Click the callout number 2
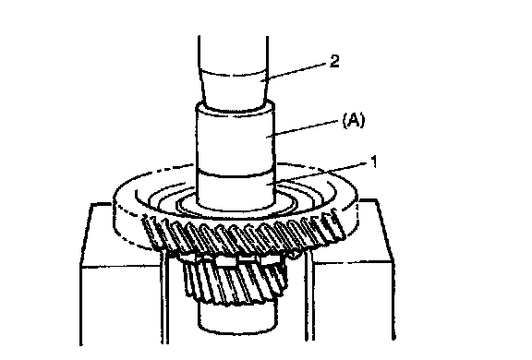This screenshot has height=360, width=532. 334,61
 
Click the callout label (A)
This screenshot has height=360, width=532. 354,120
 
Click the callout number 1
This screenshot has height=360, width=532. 373,162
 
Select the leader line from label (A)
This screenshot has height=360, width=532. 303,128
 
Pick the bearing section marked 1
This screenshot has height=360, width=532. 236,190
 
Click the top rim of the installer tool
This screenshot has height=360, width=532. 235,108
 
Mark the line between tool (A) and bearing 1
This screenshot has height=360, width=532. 236,173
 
